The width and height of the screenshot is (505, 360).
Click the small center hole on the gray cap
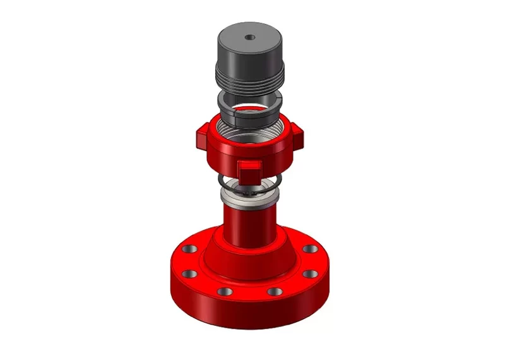click(251, 37)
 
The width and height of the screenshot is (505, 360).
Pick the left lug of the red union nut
click(201, 135)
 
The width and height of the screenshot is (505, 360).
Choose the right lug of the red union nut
click(296, 134)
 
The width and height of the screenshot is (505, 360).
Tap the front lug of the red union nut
click(249, 169)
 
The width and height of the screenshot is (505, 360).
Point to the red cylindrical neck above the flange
click(249, 227)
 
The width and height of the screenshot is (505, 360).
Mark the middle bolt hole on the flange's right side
click(311, 273)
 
